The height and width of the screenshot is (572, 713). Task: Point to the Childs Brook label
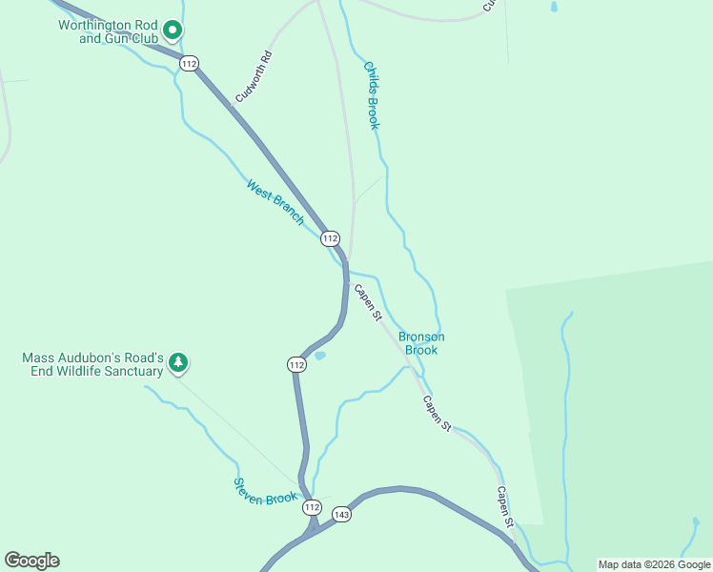(x=372, y=95)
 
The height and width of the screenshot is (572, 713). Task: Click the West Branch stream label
(x=275, y=202)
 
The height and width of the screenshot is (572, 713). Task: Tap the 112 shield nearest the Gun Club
(x=189, y=63)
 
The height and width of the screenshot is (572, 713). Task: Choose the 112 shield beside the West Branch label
(x=330, y=237)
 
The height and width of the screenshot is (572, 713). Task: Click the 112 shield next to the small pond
(x=296, y=364)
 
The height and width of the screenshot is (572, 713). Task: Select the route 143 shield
(x=342, y=514)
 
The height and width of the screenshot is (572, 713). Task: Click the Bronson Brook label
(x=420, y=343)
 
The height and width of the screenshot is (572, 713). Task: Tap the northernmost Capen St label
(x=368, y=301)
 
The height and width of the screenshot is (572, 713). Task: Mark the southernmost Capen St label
(x=504, y=506)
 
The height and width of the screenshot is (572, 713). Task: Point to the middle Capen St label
(x=437, y=415)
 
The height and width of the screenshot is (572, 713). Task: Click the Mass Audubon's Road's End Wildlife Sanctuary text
(x=92, y=364)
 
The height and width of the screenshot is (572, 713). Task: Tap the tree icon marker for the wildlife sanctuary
(x=178, y=363)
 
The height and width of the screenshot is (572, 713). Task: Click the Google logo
(x=31, y=561)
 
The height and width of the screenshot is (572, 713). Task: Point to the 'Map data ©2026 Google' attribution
(x=654, y=564)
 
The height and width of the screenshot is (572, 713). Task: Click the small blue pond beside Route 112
(x=319, y=357)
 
